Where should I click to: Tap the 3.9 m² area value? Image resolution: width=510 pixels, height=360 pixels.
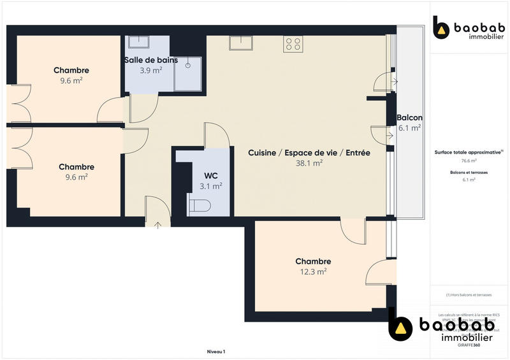[150, 70]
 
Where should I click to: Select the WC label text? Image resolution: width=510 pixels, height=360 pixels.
[211, 175]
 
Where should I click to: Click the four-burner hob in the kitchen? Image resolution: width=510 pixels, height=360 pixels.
[293, 43]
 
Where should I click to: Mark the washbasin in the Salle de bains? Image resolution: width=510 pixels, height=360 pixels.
[138, 42]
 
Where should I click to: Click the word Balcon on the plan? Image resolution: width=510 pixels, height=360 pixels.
[409, 118]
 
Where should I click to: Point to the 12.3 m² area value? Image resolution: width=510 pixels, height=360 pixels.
[313, 271]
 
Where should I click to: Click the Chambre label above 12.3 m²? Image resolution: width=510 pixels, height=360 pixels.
[313, 261]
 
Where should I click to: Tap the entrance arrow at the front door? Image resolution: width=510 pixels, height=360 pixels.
[157, 224]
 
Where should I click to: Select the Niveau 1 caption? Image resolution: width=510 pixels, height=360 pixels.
[216, 351]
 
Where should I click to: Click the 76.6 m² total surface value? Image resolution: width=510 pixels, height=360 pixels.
[469, 161]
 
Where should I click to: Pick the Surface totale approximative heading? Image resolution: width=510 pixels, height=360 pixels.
[469, 153]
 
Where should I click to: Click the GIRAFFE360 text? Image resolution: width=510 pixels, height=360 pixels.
[469, 345]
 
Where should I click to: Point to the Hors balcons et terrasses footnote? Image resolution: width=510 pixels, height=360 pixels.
[469, 295]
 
